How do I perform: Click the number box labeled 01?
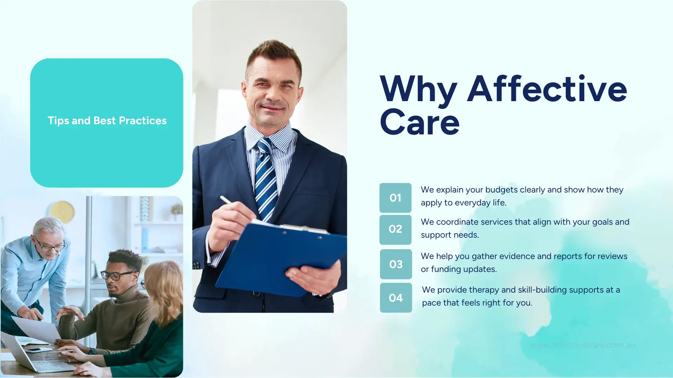click(x=395, y=198)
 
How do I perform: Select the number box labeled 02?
click(x=395, y=229)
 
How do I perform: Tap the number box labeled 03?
click(x=396, y=264)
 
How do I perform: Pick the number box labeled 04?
click(x=396, y=298)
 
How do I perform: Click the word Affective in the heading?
click(x=547, y=89)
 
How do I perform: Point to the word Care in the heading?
click(x=420, y=122)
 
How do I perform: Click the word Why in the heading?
click(x=419, y=90)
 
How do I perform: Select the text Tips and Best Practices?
click(x=107, y=121)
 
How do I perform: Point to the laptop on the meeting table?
click(x=32, y=357)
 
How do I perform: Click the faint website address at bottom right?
click(x=582, y=345)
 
